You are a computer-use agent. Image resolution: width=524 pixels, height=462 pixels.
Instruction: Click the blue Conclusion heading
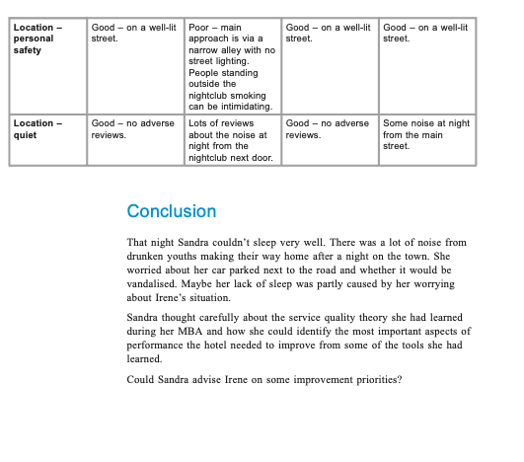171,211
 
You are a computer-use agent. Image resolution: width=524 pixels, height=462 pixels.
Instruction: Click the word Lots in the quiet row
198,123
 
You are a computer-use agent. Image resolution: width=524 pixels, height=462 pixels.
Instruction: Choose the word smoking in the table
255,96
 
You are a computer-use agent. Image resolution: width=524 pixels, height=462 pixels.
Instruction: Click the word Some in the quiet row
394,123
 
